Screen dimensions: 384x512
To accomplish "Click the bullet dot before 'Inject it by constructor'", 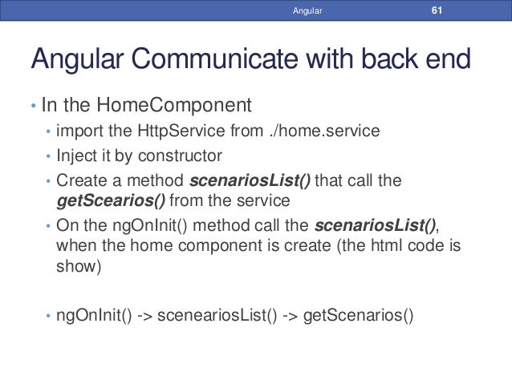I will click(49, 156).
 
